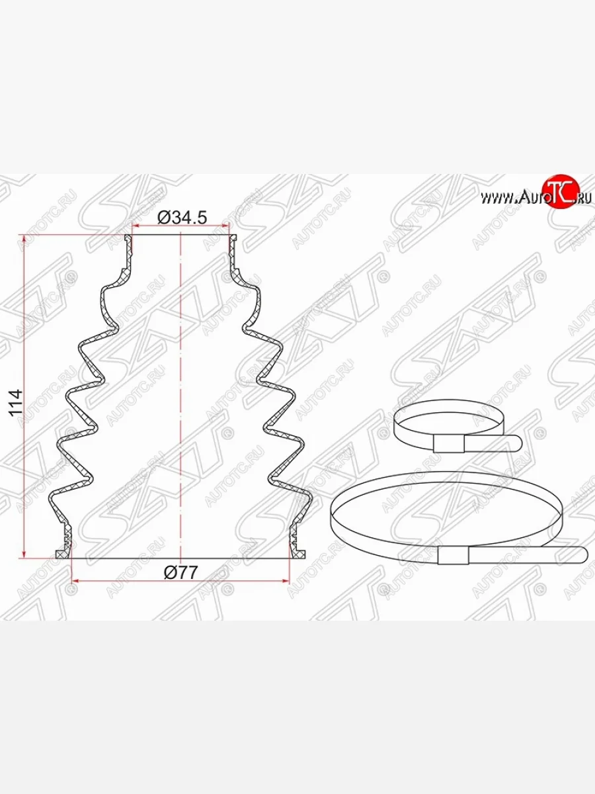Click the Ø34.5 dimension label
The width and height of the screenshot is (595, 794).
pyautogui.click(x=182, y=218)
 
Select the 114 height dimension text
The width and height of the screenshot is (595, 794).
pyautogui.click(x=17, y=403)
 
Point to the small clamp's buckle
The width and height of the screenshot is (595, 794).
pyautogui.click(x=448, y=444)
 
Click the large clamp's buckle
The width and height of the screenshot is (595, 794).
pyautogui.click(x=453, y=555)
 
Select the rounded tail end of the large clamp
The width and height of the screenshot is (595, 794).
pyautogui.click(x=580, y=555)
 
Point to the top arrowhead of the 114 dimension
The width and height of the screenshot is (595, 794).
pyautogui.click(x=24, y=239)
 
